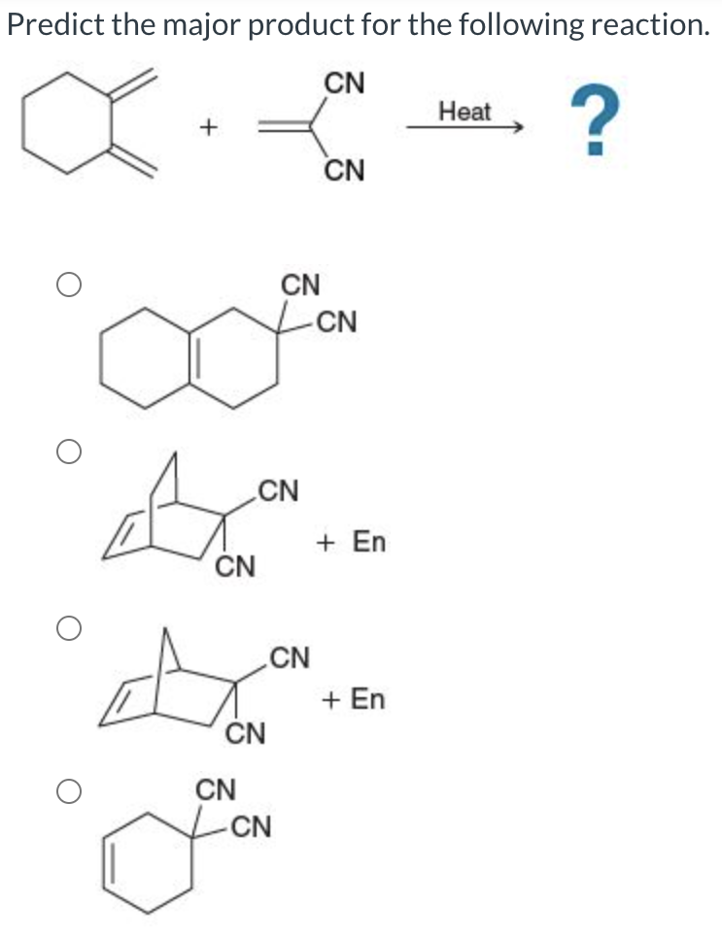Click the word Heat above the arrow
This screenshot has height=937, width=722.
(x=464, y=111)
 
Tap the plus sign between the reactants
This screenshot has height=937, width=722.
(x=206, y=127)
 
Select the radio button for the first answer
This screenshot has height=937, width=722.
(x=67, y=284)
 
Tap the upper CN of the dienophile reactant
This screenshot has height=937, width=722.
(x=345, y=83)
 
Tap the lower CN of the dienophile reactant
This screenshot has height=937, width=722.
(x=345, y=172)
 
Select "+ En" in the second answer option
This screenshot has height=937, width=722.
(x=352, y=541)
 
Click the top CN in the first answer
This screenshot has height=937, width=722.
(x=299, y=284)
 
